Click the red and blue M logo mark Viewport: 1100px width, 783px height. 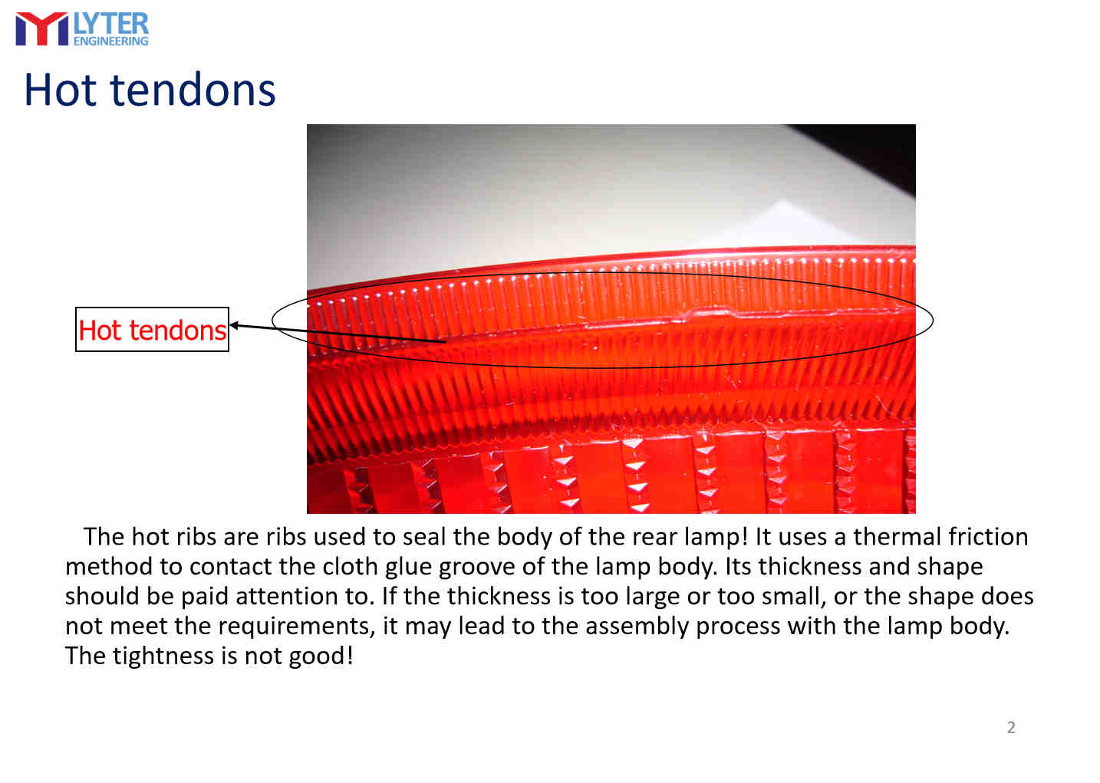point(41,29)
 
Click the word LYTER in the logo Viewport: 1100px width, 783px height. point(111,24)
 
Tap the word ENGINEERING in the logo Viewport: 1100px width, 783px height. point(111,41)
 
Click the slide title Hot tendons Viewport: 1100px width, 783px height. point(150,90)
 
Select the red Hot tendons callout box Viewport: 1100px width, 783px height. point(152,330)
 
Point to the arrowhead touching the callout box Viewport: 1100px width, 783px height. point(234,325)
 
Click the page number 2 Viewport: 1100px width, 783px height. point(1011,727)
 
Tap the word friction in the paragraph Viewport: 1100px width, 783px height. point(988,537)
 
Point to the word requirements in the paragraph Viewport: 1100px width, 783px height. point(296,627)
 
